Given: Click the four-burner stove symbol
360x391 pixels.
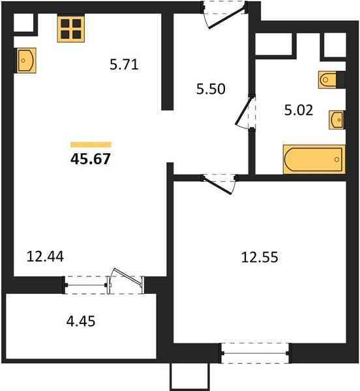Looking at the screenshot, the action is tap(71, 28).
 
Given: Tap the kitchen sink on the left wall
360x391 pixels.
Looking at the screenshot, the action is tap(27, 61).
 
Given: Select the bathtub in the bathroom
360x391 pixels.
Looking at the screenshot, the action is tap(314, 159).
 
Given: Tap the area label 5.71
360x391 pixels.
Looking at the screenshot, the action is tap(124, 65).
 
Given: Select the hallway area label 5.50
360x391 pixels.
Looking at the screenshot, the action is tap(211, 89).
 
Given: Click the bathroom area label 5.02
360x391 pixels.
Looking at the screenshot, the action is tap(299, 110).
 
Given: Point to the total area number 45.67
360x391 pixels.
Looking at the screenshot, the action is tap(90, 158).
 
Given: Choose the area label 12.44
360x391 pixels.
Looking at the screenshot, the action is tap(45, 256).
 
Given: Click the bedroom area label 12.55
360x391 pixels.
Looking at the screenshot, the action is tap(260, 257).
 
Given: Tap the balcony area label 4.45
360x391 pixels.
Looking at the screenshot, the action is tap(81, 321).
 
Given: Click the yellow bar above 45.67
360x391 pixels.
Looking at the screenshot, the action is tap(91, 145).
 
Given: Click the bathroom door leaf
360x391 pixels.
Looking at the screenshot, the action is tap(243, 111).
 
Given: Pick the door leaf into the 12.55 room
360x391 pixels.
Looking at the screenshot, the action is tap(217, 185).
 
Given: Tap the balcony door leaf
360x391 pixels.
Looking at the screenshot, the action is tap(127, 277).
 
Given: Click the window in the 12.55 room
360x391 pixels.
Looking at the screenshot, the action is tap(255, 353).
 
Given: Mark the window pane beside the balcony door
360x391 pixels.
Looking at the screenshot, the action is tap(85, 285).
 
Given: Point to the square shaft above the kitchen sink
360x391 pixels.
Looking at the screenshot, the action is tap(23, 22).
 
